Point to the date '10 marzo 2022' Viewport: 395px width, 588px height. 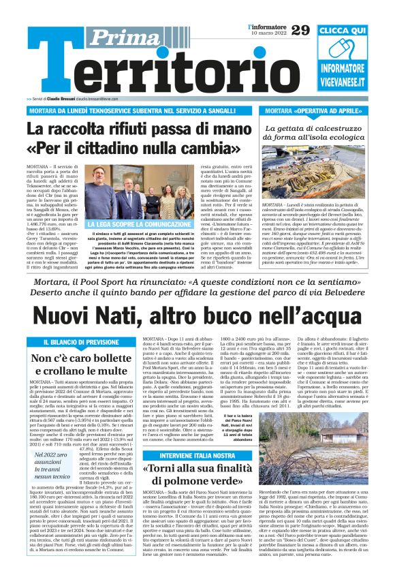pos(268,33)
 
